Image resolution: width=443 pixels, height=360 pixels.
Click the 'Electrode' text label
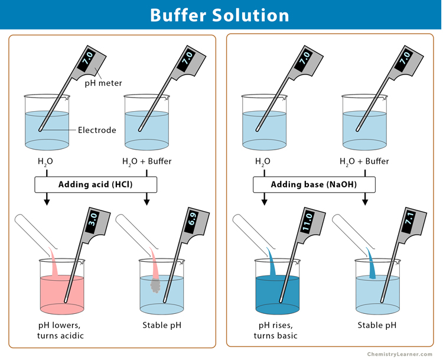click(x=97, y=130)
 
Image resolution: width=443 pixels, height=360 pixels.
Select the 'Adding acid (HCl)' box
click(x=95, y=185)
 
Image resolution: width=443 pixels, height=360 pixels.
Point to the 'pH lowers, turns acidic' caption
click(x=62, y=330)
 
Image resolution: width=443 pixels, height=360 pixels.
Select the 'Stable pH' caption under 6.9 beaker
click(x=162, y=325)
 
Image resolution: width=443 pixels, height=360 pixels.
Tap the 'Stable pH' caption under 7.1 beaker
click(x=377, y=325)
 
